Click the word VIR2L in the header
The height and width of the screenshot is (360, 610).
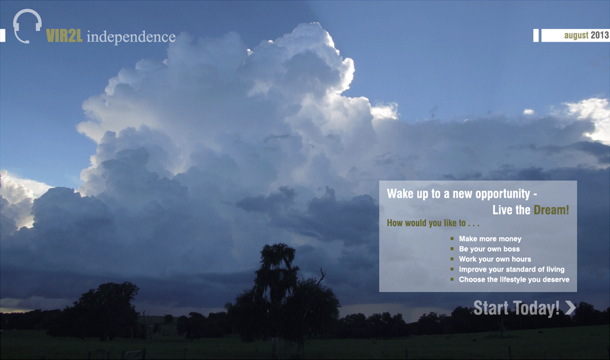click(64, 36)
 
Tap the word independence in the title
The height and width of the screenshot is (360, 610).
click(131, 37)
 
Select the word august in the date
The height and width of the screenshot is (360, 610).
click(576, 35)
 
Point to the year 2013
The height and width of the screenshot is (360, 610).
click(600, 35)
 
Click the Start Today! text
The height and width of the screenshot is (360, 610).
click(516, 308)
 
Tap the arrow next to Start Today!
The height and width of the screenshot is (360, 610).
click(570, 307)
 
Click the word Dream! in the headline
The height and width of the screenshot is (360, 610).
click(551, 210)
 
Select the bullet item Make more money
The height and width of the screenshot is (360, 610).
click(490, 238)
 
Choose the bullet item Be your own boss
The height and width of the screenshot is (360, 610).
click(489, 249)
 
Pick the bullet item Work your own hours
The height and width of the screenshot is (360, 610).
click(495, 259)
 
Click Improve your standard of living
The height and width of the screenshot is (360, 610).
click(512, 269)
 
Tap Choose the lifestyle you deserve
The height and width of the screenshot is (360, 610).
click(514, 279)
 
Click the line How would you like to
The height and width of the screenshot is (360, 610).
click(433, 223)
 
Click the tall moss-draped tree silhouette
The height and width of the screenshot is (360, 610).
click(276, 280)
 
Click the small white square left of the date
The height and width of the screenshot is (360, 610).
click(536, 35)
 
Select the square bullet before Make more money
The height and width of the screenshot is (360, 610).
click(452, 238)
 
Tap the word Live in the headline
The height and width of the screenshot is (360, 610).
click(503, 210)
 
